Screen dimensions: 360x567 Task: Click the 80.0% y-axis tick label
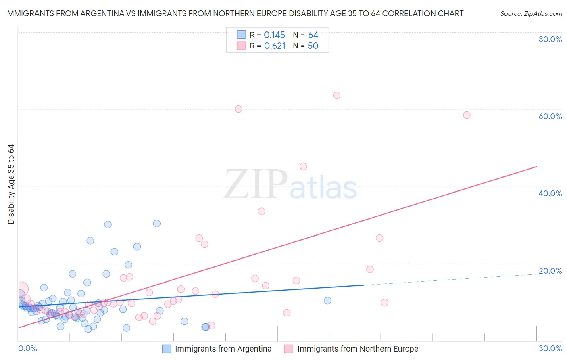[550, 39]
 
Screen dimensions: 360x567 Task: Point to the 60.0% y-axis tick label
[550, 116]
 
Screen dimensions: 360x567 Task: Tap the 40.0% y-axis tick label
[550, 193]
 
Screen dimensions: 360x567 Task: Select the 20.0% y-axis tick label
[550, 271]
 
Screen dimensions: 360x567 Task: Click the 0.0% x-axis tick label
[27, 348]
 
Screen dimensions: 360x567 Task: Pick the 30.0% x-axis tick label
[550, 348]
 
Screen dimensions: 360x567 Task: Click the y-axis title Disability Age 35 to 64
[11, 184]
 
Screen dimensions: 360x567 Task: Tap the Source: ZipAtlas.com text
[531, 14]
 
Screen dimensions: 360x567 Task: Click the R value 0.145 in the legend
[274, 35]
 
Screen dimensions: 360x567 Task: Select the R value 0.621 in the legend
[275, 46]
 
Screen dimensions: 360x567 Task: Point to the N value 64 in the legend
[313, 35]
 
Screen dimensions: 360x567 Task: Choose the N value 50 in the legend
[313, 46]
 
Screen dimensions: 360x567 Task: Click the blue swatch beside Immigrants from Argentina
[167, 349]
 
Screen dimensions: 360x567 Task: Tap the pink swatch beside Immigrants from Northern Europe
[288, 349]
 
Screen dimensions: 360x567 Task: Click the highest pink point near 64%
[337, 95]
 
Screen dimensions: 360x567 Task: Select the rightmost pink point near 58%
[467, 115]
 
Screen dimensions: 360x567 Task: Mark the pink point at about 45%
[303, 166]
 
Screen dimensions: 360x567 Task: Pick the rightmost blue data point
[327, 301]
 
